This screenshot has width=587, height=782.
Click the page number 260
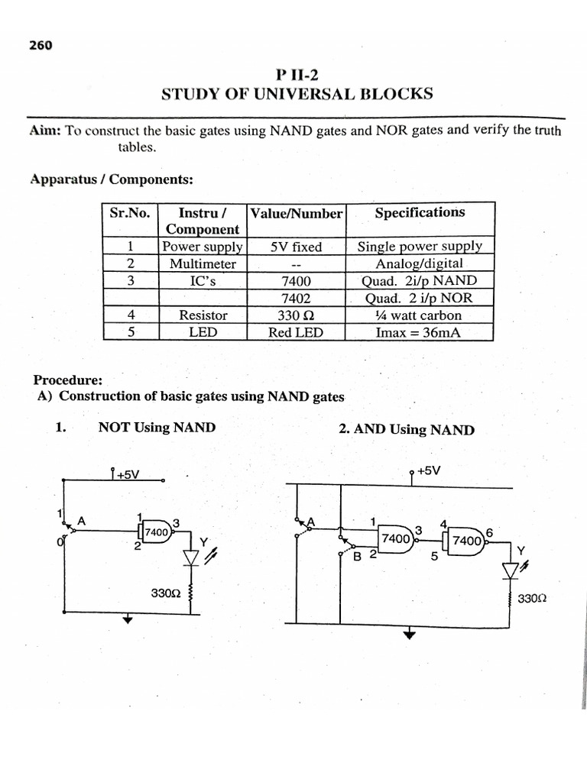(x=41, y=46)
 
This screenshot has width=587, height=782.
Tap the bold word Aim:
(x=46, y=131)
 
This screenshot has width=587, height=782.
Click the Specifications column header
(x=420, y=213)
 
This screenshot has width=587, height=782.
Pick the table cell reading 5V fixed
(x=296, y=247)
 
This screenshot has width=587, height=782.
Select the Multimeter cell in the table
(x=203, y=263)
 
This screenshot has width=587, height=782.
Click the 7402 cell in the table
(x=296, y=298)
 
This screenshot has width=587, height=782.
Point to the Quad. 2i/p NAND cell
(x=420, y=281)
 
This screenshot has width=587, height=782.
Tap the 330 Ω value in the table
(x=296, y=315)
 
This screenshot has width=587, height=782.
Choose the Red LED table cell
(x=296, y=332)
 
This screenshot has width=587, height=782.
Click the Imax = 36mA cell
(x=420, y=332)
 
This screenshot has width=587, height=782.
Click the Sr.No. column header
(x=131, y=213)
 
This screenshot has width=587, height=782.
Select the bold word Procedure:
(x=68, y=380)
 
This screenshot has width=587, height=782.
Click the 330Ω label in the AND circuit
(x=532, y=599)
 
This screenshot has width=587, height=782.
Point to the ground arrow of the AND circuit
(x=410, y=633)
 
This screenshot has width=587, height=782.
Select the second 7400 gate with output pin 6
(x=467, y=540)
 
